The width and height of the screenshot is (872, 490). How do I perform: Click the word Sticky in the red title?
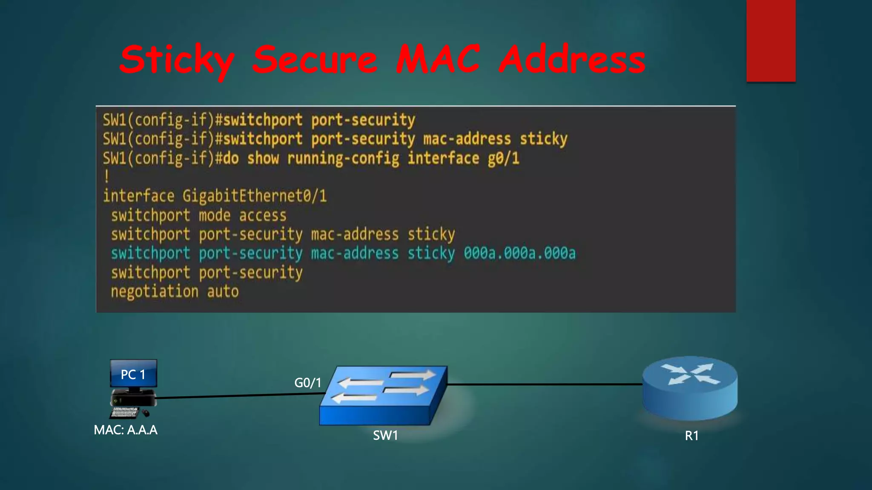pyautogui.click(x=177, y=60)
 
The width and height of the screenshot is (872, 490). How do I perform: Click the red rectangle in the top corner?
pyautogui.click(x=771, y=40)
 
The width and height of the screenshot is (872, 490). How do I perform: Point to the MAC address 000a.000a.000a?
pyautogui.click(x=519, y=253)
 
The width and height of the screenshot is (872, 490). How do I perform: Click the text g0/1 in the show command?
pyautogui.click(x=503, y=159)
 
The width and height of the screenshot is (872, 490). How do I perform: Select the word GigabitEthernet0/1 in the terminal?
pyautogui.click(x=255, y=196)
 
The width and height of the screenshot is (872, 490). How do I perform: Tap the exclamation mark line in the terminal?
pyautogui.click(x=106, y=177)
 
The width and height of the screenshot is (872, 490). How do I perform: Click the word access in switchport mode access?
pyautogui.click(x=263, y=216)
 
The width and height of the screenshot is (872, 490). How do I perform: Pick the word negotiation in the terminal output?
pyautogui.click(x=155, y=292)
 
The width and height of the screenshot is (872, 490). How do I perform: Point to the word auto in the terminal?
pyautogui.click(x=223, y=292)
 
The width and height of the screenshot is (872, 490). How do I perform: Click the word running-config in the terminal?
pyautogui.click(x=343, y=159)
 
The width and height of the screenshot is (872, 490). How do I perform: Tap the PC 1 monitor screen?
pyautogui.click(x=133, y=374)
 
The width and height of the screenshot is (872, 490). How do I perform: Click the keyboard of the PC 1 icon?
pyautogui.click(x=125, y=412)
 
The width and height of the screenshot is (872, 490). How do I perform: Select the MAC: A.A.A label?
pyautogui.click(x=126, y=430)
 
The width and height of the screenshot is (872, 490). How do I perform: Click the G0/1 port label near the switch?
pyautogui.click(x=307, y=383)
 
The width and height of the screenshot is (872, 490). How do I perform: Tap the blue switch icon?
pyautogui.click(x=383, y=396)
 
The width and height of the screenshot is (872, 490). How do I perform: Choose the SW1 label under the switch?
pyautogui.click(x=385, y=436)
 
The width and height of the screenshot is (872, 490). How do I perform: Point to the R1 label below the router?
pyautogui.click(x=691, y=436)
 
